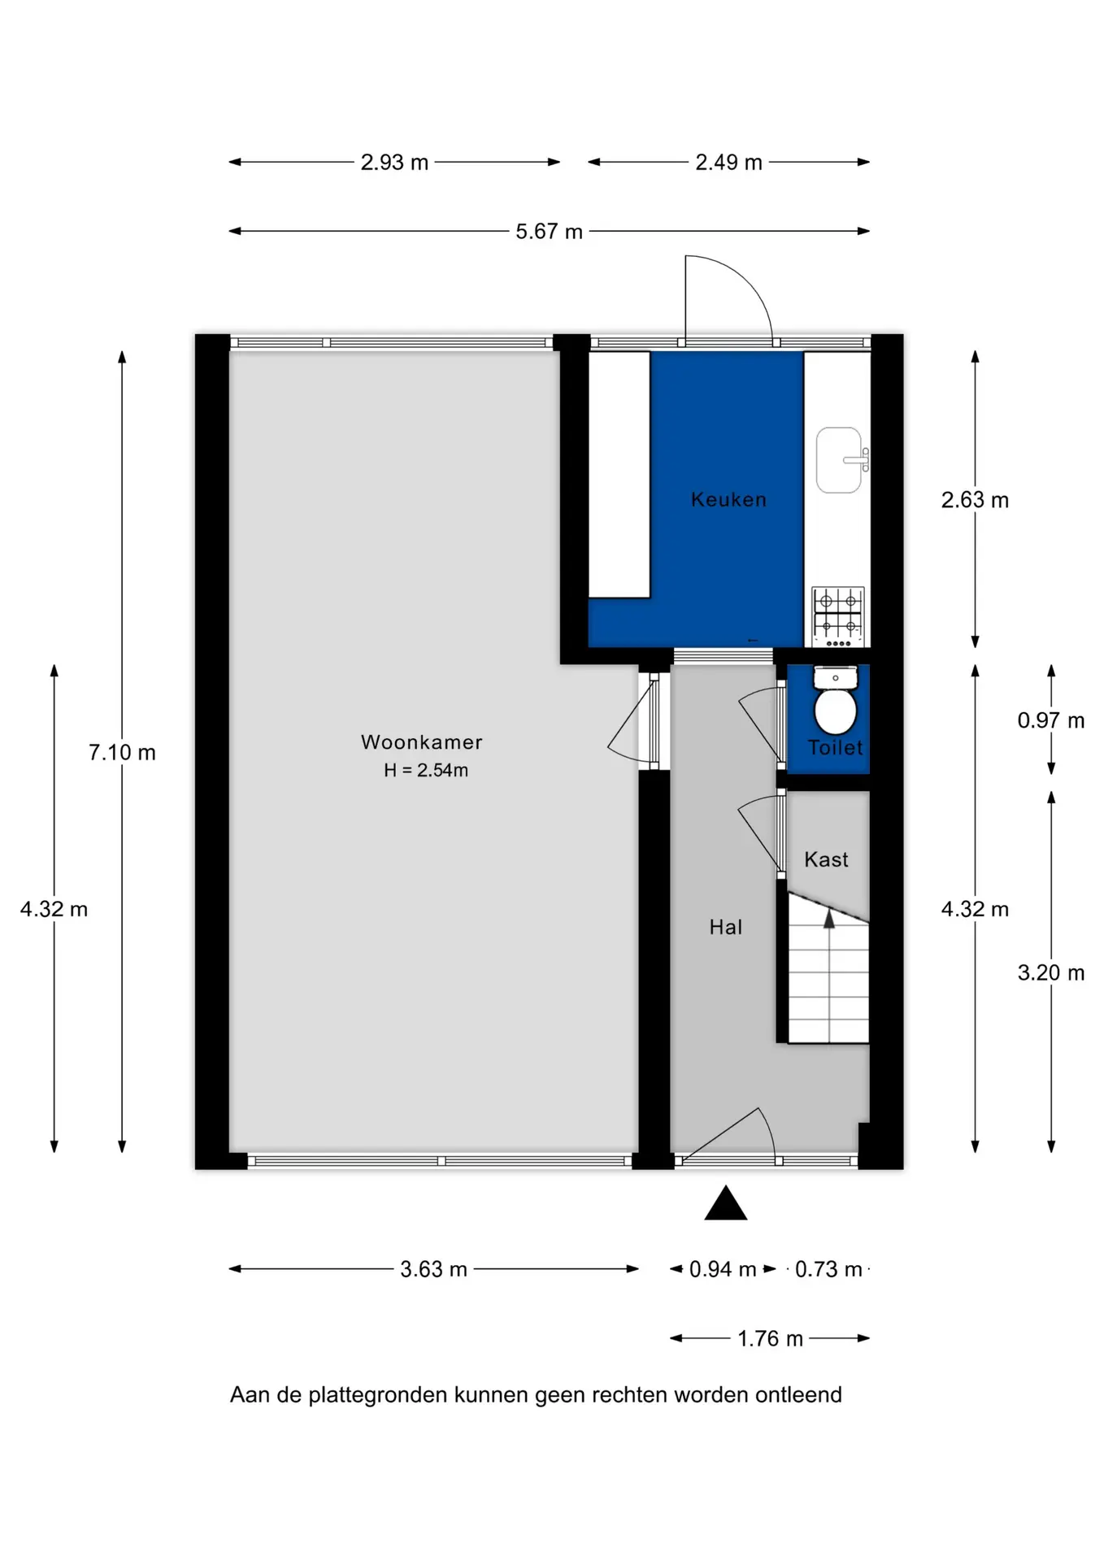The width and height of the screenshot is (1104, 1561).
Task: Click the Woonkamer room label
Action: click(421, 742)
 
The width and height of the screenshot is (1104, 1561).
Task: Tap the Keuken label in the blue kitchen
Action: click(728, 499)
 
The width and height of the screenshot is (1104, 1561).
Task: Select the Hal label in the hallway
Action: click(725, 927)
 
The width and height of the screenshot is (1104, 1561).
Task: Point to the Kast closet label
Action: click(826, 859)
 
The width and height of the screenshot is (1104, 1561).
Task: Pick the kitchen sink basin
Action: click(839, 460)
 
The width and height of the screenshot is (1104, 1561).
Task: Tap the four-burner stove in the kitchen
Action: click(838, 617)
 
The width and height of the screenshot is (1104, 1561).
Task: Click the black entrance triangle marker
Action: click(726, 1203)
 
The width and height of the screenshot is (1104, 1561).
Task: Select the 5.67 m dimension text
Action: click(550, 232)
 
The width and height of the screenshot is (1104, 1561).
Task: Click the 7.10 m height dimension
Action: click(122, 753)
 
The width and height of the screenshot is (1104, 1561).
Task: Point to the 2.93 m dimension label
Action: click(394, 163)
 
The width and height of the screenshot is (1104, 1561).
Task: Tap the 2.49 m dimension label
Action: click(728, 163)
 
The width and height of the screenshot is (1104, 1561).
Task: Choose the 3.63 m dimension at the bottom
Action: click(433, 1269)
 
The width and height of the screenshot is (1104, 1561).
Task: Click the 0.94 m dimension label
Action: click(723, 1269)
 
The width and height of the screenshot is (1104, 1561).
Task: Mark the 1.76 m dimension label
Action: click(770, 1338)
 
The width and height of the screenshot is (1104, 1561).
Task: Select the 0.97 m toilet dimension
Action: click(1051, 720)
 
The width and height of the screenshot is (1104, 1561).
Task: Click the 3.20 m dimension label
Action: click(1051, 972)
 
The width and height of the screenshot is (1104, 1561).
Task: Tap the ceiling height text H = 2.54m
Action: click(426, 770)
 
